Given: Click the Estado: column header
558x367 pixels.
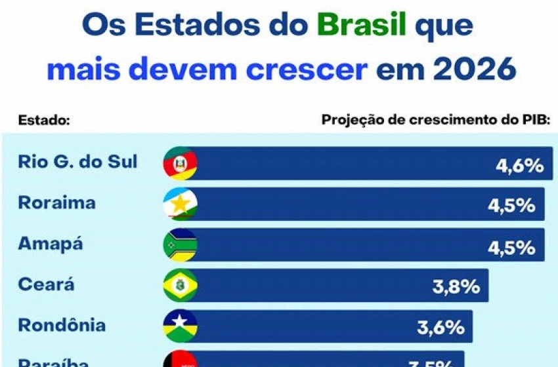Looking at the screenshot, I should pos(44,120).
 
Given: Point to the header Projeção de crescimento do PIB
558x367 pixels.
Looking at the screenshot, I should pos(435,120).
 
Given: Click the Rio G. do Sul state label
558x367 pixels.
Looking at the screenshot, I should pos(78,162).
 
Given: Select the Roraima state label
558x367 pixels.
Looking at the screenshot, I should pos(57,203).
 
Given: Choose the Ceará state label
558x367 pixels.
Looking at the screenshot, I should pos(47,285).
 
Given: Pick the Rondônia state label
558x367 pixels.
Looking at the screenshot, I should pos(62,326).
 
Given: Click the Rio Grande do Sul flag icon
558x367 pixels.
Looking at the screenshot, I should pos(180,164).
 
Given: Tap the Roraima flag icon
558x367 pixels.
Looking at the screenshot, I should pos(180,204).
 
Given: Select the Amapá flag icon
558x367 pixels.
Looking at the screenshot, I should pos(180,245).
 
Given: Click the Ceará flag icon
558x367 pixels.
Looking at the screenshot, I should pos(180,286).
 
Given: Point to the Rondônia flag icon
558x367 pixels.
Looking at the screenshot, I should pos(180,326).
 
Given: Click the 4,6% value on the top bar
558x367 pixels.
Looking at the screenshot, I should pos(519,166).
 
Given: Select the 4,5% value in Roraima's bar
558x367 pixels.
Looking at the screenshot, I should pos(511,206).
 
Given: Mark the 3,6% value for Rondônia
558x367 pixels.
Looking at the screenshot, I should pos(440,328).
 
